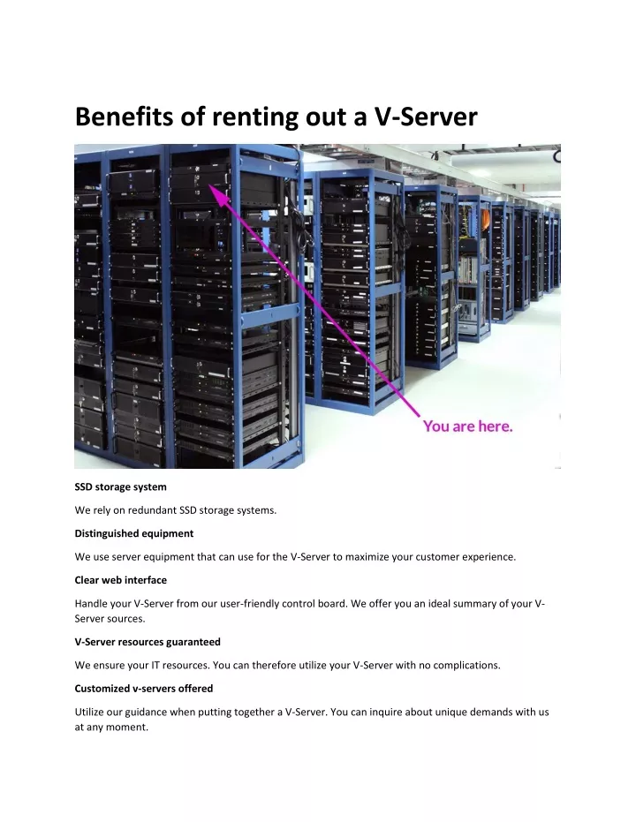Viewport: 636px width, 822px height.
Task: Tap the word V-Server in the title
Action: pyautogui.click(x=425, y=117)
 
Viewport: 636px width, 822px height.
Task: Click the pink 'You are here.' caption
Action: pyautogui.click(x=467, y=426)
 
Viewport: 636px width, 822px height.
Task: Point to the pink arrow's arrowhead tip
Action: pyautogui.click(x=210, y=184)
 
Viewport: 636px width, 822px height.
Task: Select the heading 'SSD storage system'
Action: pyautogui.click(x=121, y=487)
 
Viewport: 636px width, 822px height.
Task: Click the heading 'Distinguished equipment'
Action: pyautogui.click(x=133, y=533)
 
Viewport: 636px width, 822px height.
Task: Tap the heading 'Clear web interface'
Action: pyautogui.click(x=121, y=580)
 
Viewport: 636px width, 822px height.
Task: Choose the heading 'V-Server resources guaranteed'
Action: pyautogui.click(x=148, y=642)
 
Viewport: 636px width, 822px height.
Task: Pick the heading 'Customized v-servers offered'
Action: pyautogui.click(x=144, y=689)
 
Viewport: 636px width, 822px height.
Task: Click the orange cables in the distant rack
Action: pyautogui.click(x=485, y=219)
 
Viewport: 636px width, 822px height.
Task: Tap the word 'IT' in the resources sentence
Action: pyautogui.click(x=155, y=665)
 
